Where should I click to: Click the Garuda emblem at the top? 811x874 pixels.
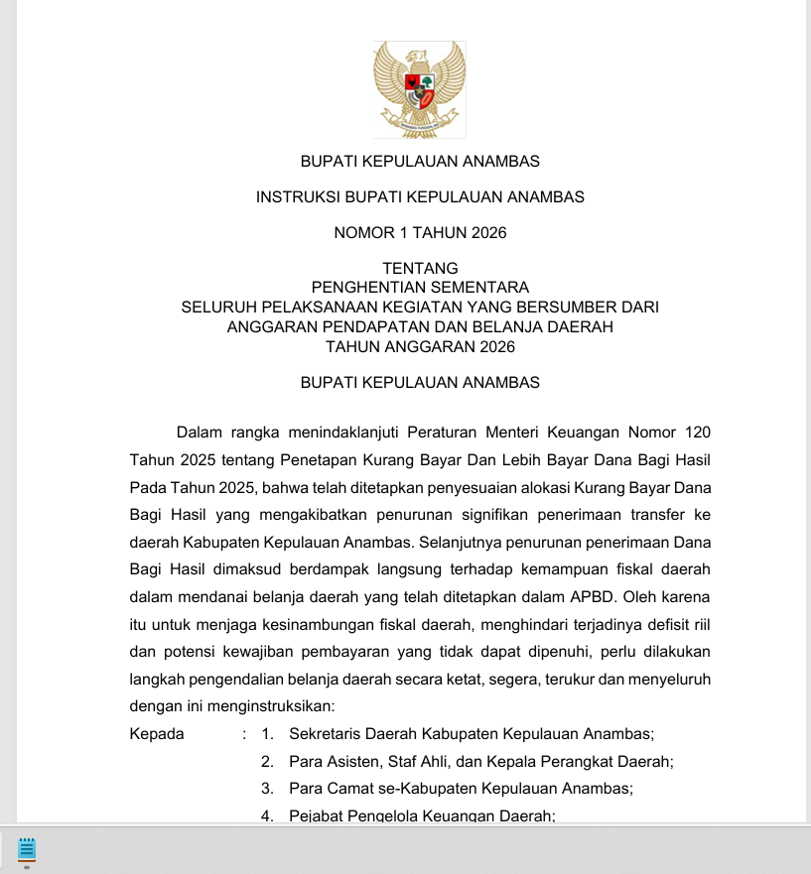(x=420, y=89)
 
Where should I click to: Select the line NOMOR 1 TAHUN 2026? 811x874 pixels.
(x=420, y=233)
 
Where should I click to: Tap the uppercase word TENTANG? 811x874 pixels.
(x=420, y=268)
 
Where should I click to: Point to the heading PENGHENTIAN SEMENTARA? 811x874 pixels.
(x=420, y=288)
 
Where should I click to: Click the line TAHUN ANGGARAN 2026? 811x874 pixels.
(x=420, y=346)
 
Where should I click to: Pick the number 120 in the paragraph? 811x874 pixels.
(x=697, y=433)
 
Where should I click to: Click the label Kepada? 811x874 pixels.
(x=157, y=734)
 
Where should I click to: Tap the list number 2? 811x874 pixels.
(x=267, y=762)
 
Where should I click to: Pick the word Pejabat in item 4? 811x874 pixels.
(x=315, y=815)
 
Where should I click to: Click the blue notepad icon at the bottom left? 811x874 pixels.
(x=27, y=849)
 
